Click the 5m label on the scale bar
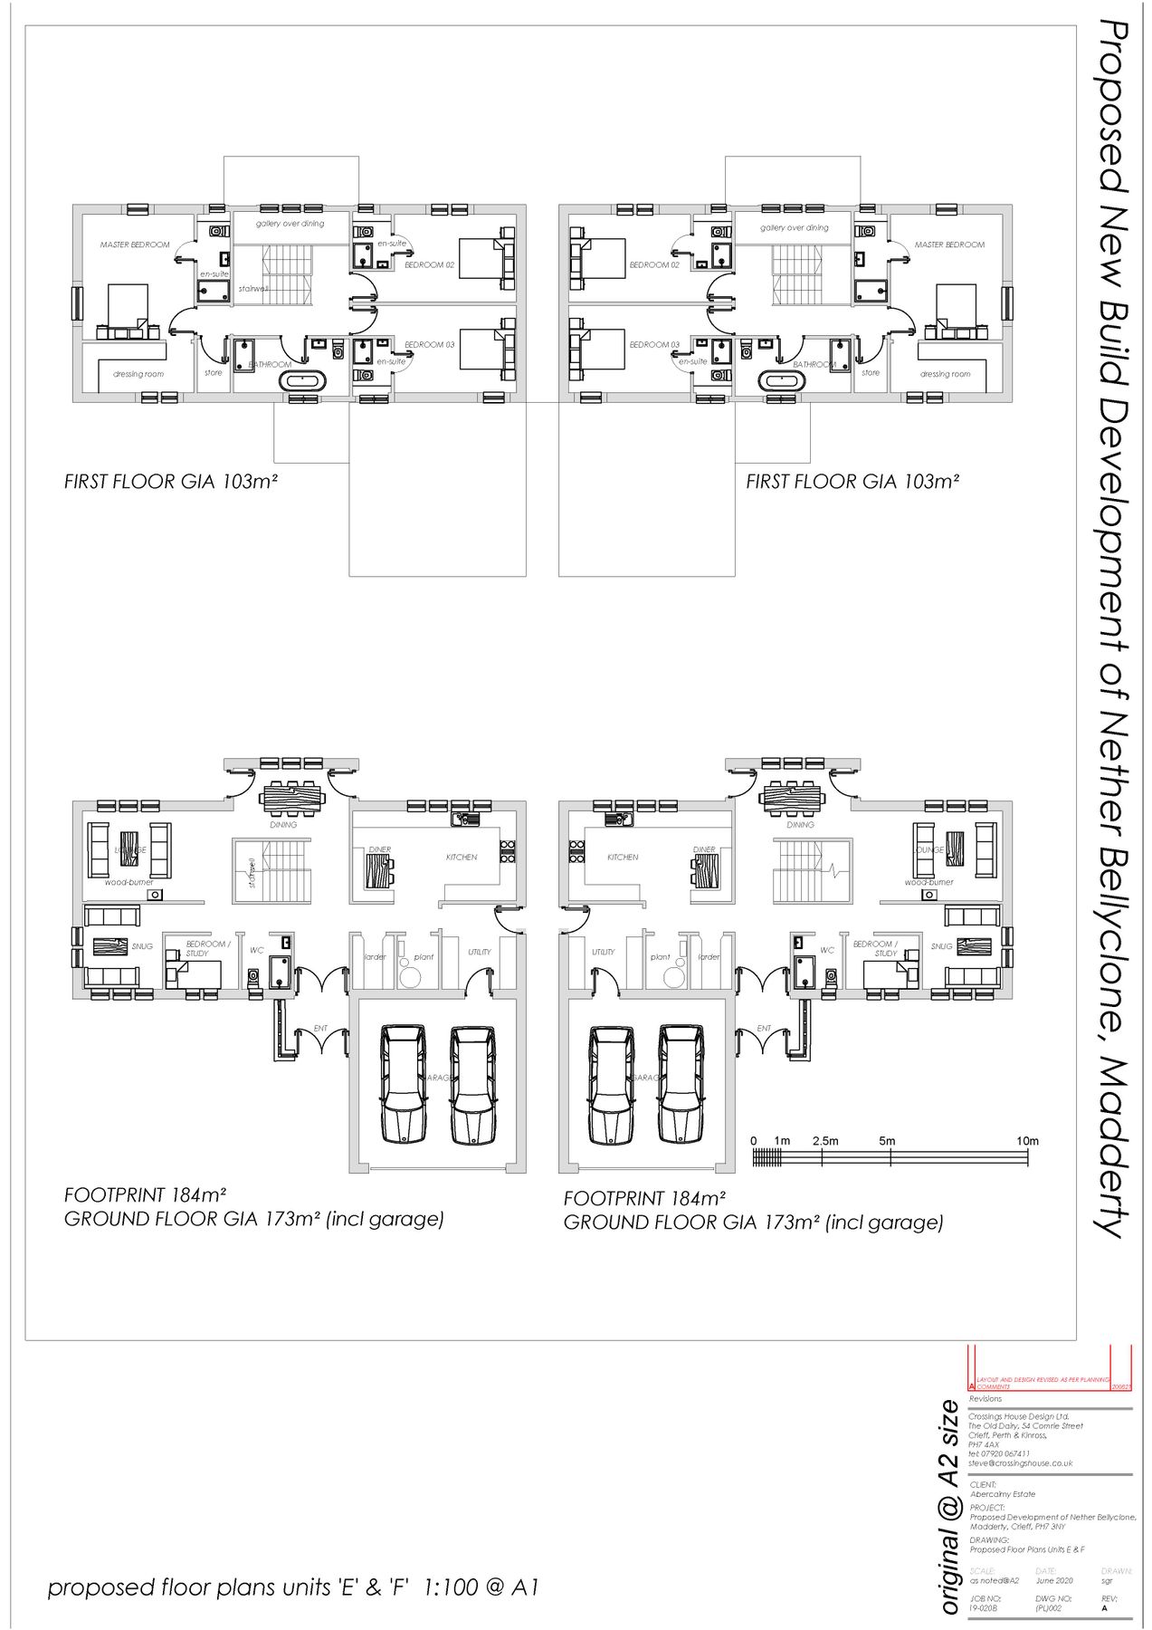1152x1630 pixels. (886, 1141)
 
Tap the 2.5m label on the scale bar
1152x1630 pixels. (824, 1141)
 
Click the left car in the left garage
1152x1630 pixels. (404, 1083)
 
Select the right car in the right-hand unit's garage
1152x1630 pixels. (681, 1083)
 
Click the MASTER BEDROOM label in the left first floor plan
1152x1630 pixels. (135, 244)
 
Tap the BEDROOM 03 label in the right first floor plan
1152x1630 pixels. (654, 345)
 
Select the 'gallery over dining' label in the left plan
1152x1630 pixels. (290, 224)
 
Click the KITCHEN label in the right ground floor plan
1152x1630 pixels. (623, 857)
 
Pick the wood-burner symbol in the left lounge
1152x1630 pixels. (155, 895)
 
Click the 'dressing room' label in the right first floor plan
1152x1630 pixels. (945, 374)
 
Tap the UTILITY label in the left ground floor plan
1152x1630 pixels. (480, 952)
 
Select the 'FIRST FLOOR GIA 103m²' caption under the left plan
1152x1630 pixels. (170, 482)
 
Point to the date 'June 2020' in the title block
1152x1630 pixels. (1054, 1580)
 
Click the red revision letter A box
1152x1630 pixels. (972, 1386)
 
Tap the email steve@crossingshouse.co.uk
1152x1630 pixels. (1020, 1462)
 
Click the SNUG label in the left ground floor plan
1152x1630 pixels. (142, 946)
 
